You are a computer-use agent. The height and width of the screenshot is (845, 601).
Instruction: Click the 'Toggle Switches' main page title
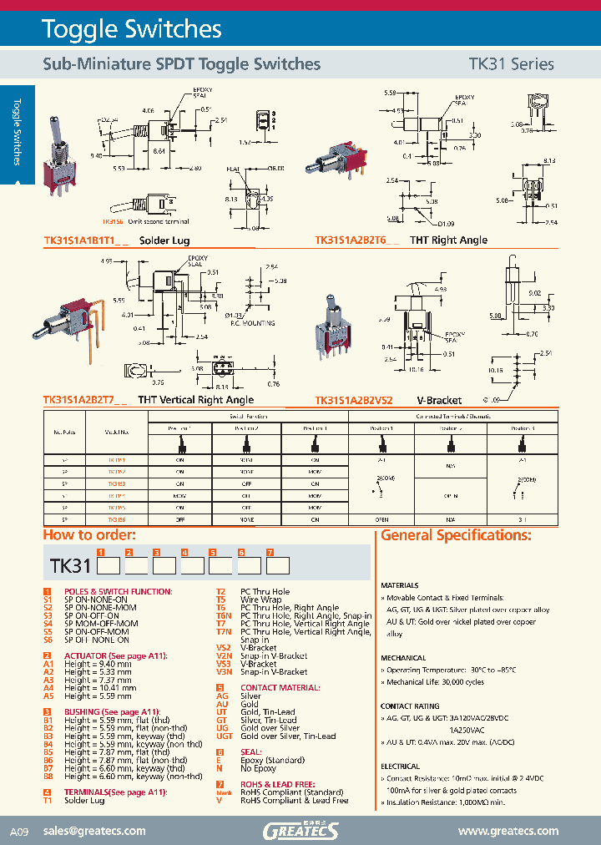[132, 30]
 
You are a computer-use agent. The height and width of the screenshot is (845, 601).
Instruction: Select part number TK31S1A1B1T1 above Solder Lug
[86, 240]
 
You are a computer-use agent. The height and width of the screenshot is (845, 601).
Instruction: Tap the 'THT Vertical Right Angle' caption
[195, 401]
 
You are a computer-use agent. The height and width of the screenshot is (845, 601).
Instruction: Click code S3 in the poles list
[48, 615]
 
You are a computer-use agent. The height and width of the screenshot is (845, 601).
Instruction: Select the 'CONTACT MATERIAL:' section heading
[280, 687]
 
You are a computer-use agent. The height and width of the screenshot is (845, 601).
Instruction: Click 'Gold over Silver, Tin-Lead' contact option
[288, 736]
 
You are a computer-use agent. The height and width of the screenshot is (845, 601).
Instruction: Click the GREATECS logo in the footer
[300, 830]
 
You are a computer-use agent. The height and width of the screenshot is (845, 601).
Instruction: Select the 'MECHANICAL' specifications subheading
[403, 658]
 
